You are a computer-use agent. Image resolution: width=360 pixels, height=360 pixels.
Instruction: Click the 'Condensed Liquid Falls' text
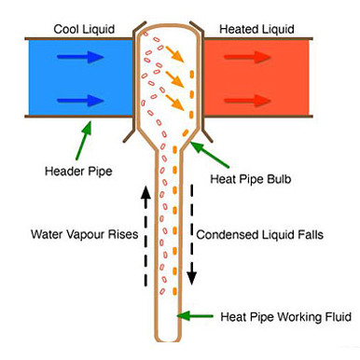pos(260,235)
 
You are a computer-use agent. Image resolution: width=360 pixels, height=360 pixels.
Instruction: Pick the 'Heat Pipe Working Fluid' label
pos(283,318)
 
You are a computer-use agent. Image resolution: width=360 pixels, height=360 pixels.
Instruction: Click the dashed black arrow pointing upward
pos(145,233)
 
